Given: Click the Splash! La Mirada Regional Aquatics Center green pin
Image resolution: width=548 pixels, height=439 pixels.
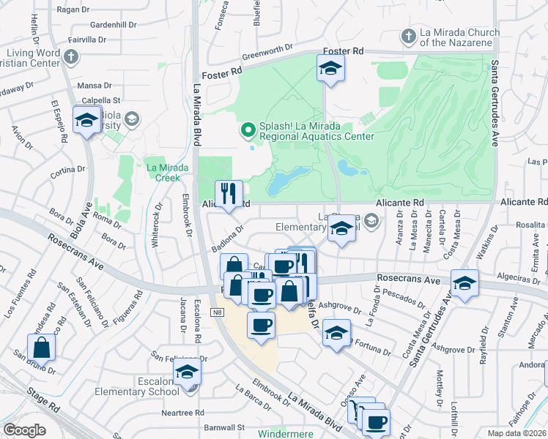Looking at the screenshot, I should click(248, 130).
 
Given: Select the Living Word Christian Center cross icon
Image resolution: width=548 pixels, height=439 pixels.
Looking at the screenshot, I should click(71, 56).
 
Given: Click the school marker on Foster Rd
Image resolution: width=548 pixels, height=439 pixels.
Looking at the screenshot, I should click(331, 70).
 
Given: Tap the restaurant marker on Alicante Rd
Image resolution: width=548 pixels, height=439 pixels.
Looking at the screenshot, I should click(229, 194).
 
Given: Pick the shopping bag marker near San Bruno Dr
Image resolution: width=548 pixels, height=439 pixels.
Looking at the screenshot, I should click(42, 347).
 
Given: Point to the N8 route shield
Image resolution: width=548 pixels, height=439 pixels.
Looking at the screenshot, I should click(218, 312).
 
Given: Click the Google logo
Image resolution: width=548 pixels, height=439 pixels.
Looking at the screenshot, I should click(24, 430).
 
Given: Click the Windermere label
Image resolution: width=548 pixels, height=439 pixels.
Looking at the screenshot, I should click(286, 433).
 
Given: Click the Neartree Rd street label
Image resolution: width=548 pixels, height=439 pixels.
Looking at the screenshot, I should click(183, 413).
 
